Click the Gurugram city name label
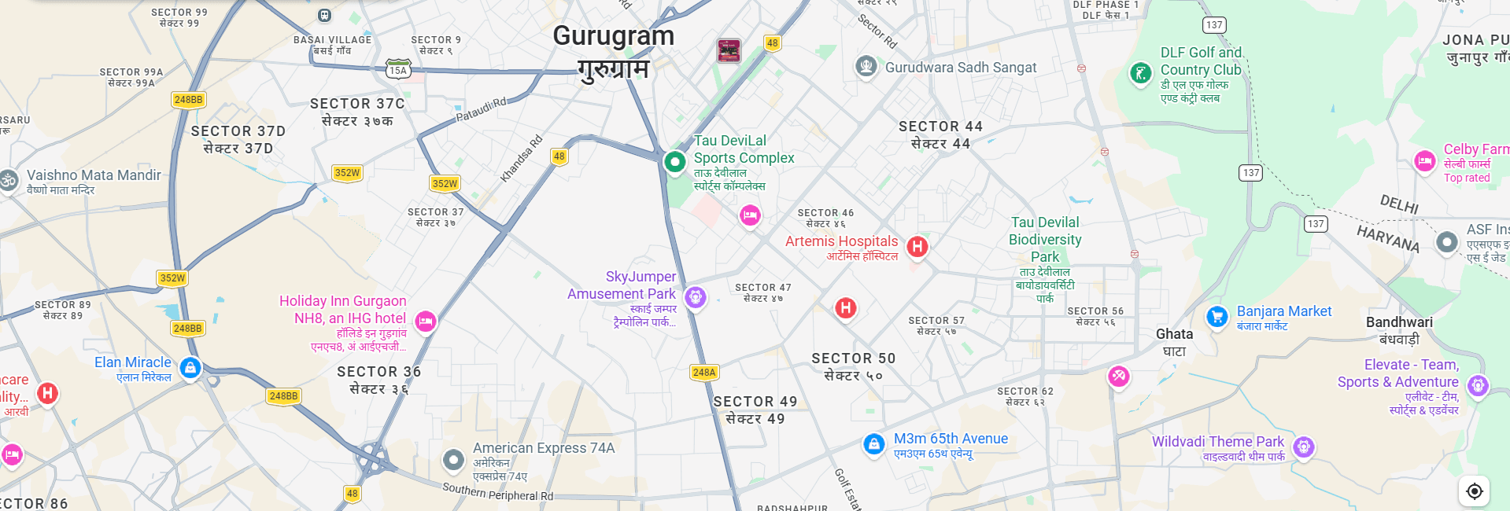[613, 36]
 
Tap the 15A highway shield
[398, 70]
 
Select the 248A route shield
[704, 373]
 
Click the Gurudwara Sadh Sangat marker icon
[866, 66]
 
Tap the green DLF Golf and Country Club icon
[1140, 74]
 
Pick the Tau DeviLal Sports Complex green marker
[674, 162]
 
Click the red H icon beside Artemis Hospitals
[917, 247]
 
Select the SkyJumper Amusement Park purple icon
[695, 297]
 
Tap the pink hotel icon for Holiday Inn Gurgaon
[426, 321]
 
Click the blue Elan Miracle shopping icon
[190, 367]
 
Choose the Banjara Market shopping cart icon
[1217, 317]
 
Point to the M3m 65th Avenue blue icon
[874, 444]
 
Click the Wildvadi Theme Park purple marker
[1304, 447]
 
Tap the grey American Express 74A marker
[453, 459]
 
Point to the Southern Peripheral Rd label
[497, 492]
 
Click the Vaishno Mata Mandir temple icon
[9, 180]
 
